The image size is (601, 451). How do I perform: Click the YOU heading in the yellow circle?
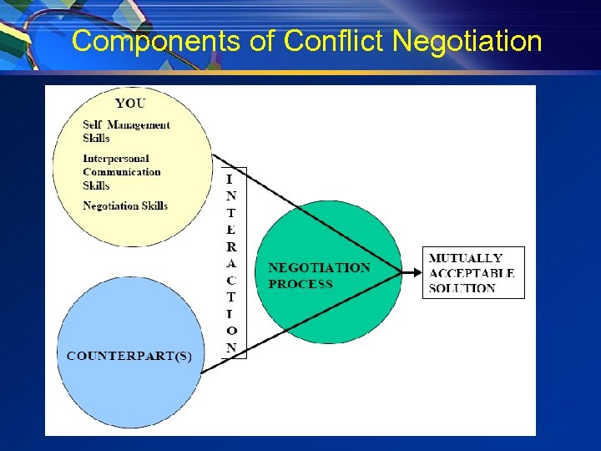pos(129,104)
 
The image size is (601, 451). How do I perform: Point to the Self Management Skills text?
pos(125,131)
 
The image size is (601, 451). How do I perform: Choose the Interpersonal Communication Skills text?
pos(121,171)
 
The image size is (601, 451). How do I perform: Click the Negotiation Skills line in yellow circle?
pos(125,205)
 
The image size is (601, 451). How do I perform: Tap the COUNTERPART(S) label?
pos(129,356)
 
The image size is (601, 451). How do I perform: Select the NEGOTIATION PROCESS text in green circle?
pos(319,276)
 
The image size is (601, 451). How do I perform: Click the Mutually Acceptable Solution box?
pos(473,272)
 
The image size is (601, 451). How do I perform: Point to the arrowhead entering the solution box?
pos(417,271)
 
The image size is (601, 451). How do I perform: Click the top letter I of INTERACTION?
pos(230,179)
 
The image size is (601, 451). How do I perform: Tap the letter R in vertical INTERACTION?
pos(231,246)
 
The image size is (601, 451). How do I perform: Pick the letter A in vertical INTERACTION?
pos(231,263)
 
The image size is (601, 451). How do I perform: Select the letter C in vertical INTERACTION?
pos(231,280)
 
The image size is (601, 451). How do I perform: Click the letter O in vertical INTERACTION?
pos(231,331)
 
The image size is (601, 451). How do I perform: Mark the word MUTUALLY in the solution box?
pos(465,258)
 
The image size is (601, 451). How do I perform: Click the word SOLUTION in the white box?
pos(462,288)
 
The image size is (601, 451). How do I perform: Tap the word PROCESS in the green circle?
pos(300,284)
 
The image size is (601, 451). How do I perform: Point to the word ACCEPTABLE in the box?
pos(472,273)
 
